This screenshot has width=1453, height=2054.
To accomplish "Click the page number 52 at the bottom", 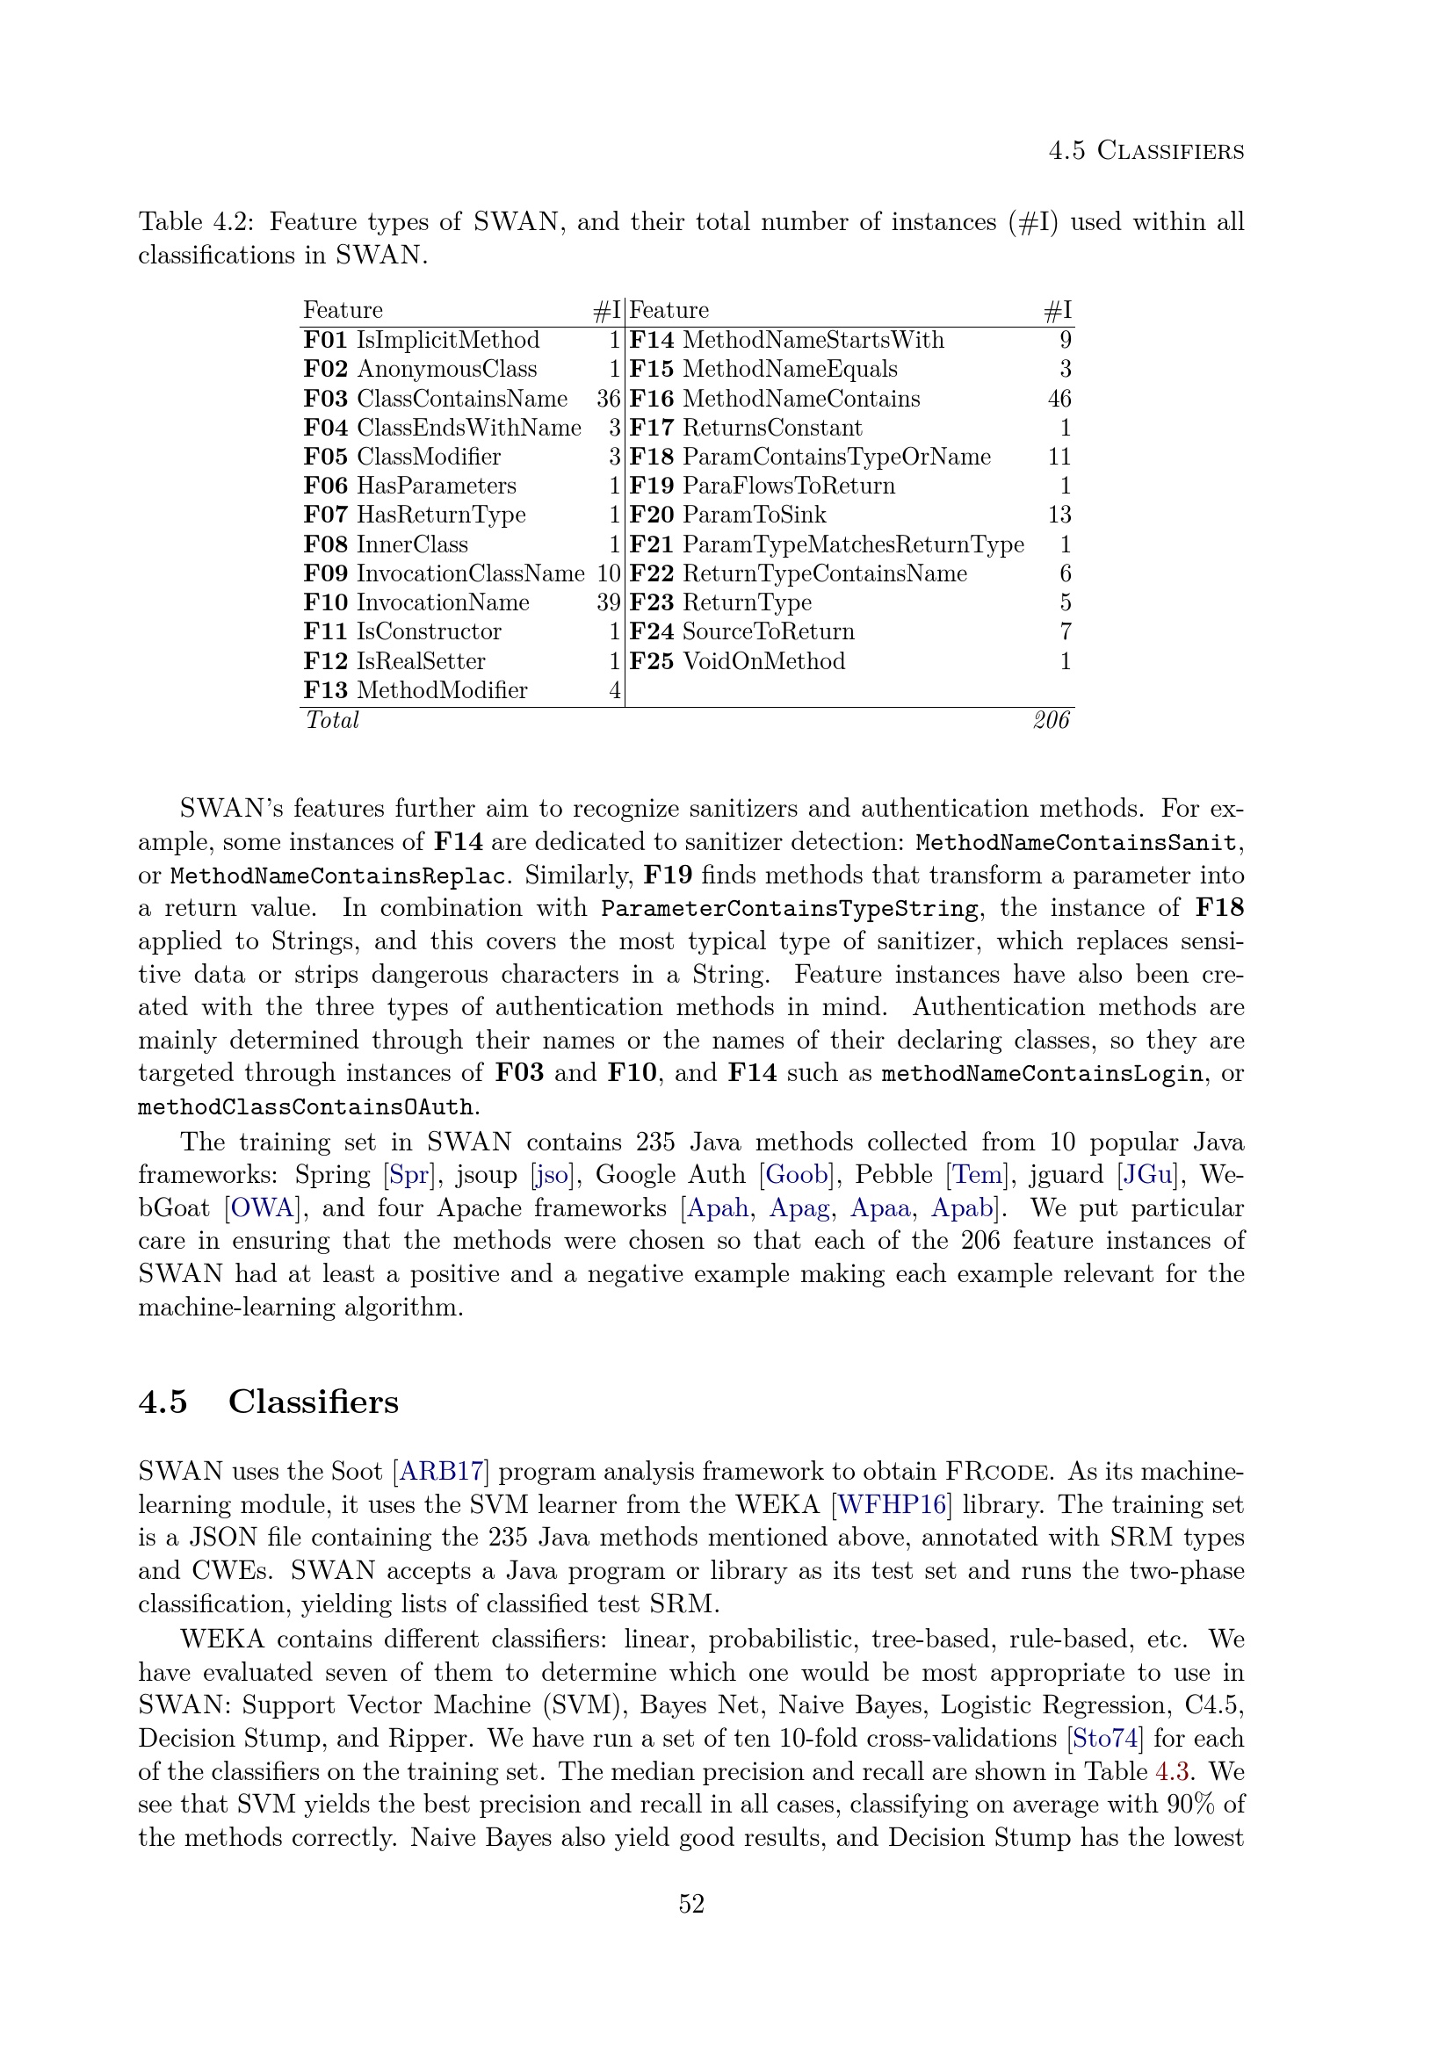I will pyautogui.click(x=691, y=1904).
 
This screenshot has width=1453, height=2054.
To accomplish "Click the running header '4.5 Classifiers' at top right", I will pyautogui.click(x=1146, y=150).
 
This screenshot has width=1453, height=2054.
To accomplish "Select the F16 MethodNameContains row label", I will pyautogui.click(x=775, y=398).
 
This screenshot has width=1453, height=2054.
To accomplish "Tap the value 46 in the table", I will pyautogui.click(x=1059, y=398).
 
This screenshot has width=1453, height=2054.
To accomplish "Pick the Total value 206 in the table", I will pyautogui.click(x=1052, y=720).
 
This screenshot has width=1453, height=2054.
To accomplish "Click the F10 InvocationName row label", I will pyautogui.click(x=417, y=602).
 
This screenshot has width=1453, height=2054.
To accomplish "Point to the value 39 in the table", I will pyautogui.click(x=609, y=602).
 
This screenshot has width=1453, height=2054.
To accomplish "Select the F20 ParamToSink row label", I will pyautogui.click(x=728, y=515).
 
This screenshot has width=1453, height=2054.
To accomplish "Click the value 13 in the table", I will pyautogui.click(x=1059, y=515).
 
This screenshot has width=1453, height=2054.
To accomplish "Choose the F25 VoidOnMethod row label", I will pyautogui.click(x=737, y=661).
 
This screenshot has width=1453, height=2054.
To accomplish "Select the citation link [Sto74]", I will pyautogui.click(x=1105, y=1738).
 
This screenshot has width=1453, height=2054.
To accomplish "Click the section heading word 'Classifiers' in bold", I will pyautogui.click(x=313, y=1401).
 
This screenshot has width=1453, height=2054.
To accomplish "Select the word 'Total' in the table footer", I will pyautogui.click(x=332, y=720).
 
